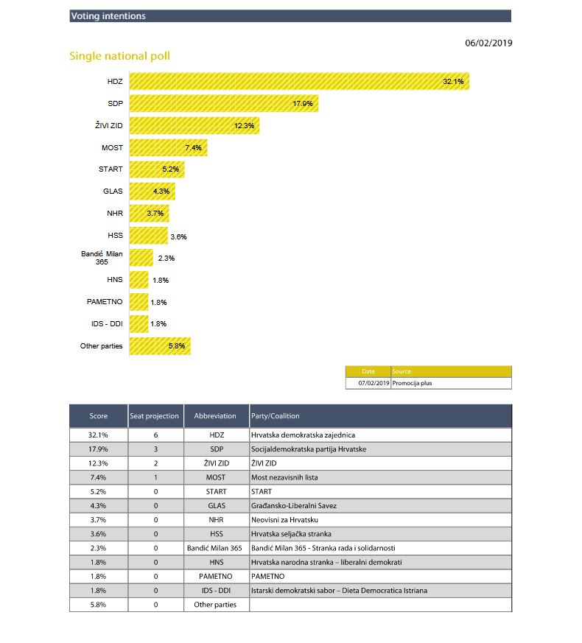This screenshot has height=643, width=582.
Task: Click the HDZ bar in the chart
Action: (x=299, y=81)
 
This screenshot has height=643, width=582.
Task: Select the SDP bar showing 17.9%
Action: (x=223, y=103)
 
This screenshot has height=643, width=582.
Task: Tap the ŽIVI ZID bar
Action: (x=194, y=126)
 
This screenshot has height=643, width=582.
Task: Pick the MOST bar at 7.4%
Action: (x=168, y=148)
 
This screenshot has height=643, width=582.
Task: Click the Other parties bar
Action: (x=160, y=346)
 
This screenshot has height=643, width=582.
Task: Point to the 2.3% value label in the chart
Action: (x=166, y=259)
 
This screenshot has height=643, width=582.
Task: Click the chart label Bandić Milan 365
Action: (x=102, y=258)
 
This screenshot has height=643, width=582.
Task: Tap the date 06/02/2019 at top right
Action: (x=488, y=43)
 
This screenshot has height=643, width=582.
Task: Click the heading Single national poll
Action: (x=119, y=56)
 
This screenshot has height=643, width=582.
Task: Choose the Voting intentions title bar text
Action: (x=108, y=16)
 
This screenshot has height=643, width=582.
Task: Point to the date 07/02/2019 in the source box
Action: (x=374, y=383)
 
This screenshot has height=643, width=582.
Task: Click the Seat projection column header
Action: (x=154, y=416)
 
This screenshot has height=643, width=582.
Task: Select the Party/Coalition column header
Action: (x=275, y=416)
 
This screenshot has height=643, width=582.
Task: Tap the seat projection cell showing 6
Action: (x=155, y=435)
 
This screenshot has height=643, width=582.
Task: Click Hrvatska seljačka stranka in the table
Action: (x=291, y=533)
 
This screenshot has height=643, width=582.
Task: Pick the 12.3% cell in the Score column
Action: (x=98, y=463)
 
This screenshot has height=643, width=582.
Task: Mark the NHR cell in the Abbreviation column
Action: (x=216, y=519)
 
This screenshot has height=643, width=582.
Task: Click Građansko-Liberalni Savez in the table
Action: (x=292, y=505)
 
